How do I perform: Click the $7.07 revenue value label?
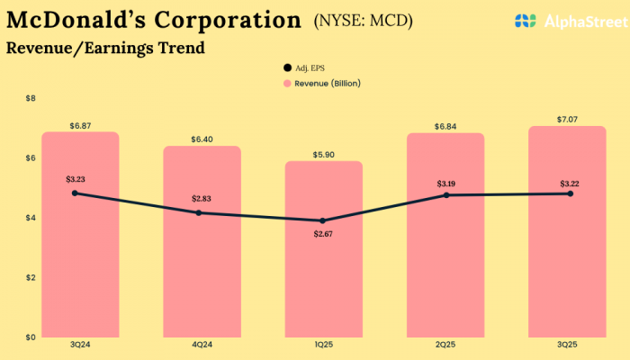[566, 119]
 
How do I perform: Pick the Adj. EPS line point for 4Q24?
[199, 212]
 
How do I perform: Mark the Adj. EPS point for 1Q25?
[322, 220]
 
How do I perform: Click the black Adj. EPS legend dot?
[287, 67]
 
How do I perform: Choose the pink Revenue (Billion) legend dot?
[287, 83]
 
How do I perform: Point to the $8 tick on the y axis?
[31, 98]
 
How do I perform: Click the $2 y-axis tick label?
[31, 277]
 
